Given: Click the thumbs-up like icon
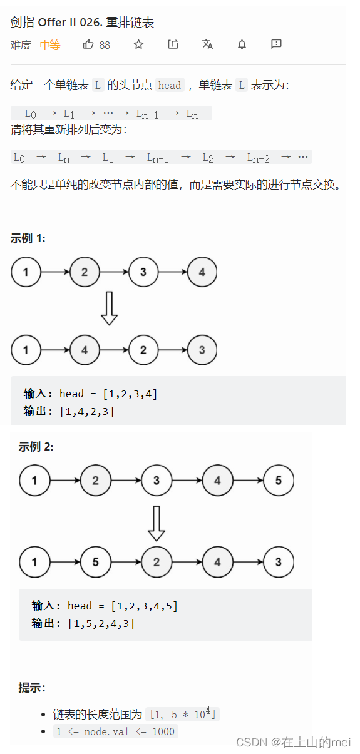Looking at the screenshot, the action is tap(88, 44).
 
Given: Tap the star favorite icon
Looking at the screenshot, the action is tap(138, 44).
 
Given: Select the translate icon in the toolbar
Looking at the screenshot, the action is tap(207, 44).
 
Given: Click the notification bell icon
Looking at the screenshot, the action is tap(242, 44).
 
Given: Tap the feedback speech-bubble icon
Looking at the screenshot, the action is tap(276, 44).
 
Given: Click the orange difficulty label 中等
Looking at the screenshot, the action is tap(50, 45).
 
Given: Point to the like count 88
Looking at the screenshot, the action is tap(105, 45).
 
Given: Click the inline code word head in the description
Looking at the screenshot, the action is tap(170, 85).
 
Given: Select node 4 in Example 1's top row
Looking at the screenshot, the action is tap(202, 272).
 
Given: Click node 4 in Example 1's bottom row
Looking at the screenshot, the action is tap(85, 350).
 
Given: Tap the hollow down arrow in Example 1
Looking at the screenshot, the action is tap(109, 308).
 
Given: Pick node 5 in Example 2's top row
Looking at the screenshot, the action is tap(279, 481).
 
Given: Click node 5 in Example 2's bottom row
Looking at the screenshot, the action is tap(96, 562).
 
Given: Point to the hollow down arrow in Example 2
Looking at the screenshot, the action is tap(157, 524).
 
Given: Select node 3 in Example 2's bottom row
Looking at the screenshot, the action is tap(279, 562).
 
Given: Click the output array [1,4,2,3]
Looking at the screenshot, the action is tap(87, 411).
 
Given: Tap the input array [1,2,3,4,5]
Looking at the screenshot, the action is tap(145, 606).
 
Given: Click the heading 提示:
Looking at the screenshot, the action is tap(32, 688).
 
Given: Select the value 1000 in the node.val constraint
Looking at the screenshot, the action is tap(163, 731).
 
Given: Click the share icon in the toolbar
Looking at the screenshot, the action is tap(173, 44).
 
